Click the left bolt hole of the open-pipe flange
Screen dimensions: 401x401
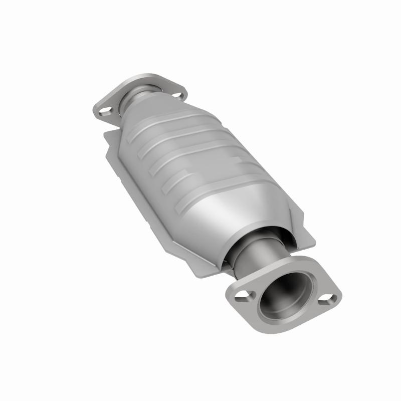(x=241, y=296)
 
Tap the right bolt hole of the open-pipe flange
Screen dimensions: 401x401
(x=327, y=299)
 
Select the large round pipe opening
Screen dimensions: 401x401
(x=285, y=296)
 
